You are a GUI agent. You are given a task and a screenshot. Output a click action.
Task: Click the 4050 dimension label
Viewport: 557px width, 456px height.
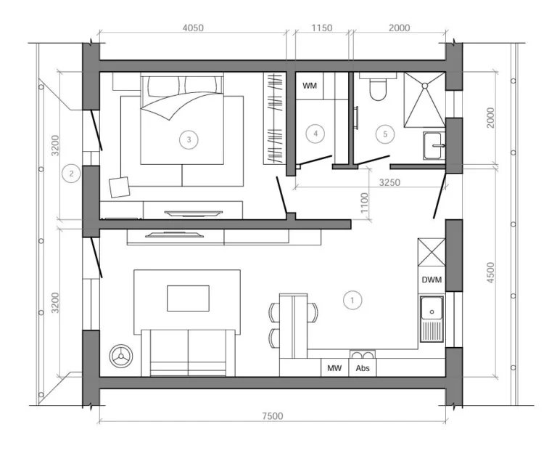pos(193,28)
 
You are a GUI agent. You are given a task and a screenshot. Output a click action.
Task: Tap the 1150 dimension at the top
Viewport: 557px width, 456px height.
pos(322,28)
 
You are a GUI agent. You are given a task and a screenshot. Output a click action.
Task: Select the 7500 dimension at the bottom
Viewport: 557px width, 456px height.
pos(273,416)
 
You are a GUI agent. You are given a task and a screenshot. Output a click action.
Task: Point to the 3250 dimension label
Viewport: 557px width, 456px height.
pos(389,182)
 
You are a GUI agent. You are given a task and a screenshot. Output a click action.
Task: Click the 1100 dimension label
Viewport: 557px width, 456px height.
pos(365,203)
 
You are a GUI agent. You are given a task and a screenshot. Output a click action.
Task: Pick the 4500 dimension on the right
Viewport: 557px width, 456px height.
pos(490,272)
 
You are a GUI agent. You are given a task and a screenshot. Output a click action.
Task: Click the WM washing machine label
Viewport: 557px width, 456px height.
pos(310,86)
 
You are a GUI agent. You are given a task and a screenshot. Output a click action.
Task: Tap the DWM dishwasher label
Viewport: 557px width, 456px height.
pos(432,280)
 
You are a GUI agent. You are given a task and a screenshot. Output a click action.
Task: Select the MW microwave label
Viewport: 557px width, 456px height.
pos(334,368)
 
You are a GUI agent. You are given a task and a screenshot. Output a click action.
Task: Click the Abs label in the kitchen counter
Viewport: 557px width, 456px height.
pos(363,368)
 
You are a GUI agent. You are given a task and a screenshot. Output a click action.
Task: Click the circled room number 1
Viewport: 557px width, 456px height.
pos(352,300)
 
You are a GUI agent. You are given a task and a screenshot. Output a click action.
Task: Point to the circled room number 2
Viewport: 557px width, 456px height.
pos(71,174)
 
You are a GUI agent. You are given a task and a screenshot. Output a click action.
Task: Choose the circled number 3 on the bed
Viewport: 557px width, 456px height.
pos(189,139)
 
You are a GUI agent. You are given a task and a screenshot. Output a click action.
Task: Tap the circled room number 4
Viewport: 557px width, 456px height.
pos(315,134)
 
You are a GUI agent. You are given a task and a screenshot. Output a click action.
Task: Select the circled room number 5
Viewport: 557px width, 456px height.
pos(385,134)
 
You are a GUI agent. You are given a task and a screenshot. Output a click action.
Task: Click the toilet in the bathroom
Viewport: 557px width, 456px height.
pos(378,86)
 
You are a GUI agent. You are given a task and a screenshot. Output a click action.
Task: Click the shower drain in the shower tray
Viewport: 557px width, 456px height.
pos(424,86)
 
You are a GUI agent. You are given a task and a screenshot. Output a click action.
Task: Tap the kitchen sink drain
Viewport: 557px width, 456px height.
pos(432,312)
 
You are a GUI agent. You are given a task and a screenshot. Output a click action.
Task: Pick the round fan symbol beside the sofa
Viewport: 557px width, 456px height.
pos(121,356)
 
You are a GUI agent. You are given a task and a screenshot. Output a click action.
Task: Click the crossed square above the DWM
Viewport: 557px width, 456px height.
pos(432,252)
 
